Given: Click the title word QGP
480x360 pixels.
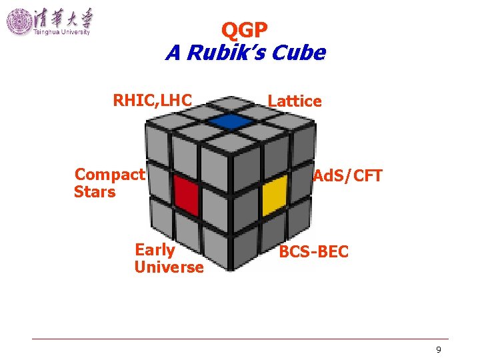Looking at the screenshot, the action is click(245, 30).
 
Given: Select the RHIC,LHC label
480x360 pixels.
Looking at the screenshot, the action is click(153, 101).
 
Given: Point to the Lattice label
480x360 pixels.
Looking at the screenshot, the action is click(295, 101).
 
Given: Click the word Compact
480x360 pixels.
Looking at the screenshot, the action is click(109, 175).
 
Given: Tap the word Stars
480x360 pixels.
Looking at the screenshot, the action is click(95, 192).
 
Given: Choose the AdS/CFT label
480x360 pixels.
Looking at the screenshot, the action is click(348, 176).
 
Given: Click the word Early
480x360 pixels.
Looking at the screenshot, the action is click(155, 250).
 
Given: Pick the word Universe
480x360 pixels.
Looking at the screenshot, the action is click(169, 267).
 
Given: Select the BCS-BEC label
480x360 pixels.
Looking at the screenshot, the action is click(313, 252).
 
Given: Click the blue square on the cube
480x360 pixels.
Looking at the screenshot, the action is click(229, 121).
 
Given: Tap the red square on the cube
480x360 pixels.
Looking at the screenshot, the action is click(187, 196).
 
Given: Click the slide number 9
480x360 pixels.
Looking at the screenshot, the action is click(438, 350).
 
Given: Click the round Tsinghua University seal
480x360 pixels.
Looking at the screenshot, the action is click(19, 21).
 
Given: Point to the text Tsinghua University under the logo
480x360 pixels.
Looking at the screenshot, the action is click(61, 33).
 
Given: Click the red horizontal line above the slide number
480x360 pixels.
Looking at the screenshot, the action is click(240, 339).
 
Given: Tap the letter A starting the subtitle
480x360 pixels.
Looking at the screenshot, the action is click(173, 53).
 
